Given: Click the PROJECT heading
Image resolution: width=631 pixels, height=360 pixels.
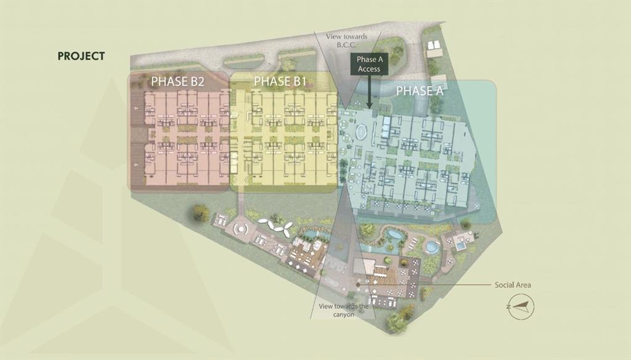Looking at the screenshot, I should [81, 56].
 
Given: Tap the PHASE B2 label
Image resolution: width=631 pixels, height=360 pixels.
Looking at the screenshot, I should [177, 81].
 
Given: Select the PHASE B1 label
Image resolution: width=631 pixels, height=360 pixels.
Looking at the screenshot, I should [280, 81].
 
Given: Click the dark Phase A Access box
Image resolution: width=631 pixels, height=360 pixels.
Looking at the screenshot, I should [369, 64].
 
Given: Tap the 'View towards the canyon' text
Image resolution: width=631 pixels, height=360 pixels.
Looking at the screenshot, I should [344, 311].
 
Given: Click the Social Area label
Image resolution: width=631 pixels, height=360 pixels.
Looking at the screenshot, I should [512, 285].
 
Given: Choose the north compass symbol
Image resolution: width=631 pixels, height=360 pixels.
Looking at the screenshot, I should [521, 306].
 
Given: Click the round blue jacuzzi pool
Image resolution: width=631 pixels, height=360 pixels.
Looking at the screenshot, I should [432, 247].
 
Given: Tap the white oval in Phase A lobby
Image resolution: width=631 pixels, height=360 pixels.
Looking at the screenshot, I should [361, 131].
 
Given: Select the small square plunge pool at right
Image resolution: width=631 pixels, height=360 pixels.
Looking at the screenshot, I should [461, 245].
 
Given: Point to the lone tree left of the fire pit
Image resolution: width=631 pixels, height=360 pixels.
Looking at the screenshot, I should [201, 213].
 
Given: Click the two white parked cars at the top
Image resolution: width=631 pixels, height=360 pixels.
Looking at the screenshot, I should [434, 45].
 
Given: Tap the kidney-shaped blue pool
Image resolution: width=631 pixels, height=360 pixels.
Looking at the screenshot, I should [394, 234].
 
